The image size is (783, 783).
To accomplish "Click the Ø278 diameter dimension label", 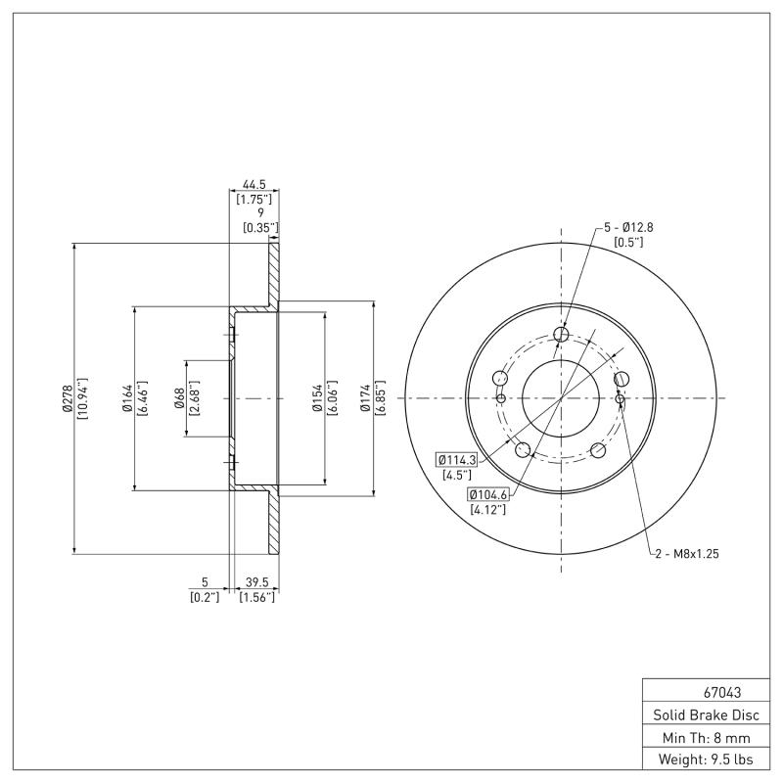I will coord(67,398).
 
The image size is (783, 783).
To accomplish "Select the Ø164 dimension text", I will coord(127,398).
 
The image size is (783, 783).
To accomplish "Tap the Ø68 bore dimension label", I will coord(180,398).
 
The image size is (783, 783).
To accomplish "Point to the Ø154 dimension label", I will coord(317,398).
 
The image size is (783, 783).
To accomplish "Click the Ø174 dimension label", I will coord(365,398).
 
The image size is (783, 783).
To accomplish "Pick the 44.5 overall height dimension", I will coord(253,184).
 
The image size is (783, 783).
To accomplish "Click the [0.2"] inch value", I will coord(205,597).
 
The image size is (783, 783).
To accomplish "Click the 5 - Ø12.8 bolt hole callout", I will coord(626,227).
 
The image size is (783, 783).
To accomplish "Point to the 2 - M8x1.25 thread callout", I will coord(686,554).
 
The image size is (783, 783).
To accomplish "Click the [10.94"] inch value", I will coord(83,398).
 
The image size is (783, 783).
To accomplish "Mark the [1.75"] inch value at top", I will coord(253,199).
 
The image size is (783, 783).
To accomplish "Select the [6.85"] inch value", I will coord(381,398).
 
